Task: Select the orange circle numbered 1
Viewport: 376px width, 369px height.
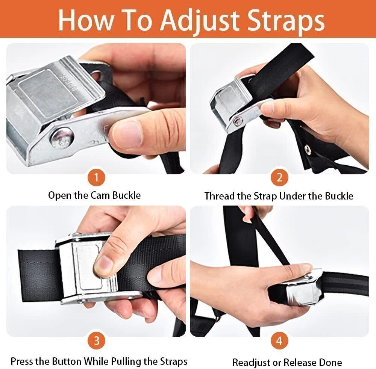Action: [x=96, y=178]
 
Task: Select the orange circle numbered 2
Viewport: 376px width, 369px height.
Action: [x=279, y=178]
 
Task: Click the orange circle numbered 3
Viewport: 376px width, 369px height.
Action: [x=96, y=340]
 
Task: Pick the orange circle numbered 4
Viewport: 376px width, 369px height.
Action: [x=279, y=340]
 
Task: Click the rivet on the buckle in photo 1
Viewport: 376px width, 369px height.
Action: [x=62, y=139]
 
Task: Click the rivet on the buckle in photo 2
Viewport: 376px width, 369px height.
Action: [x=238, y=121]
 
